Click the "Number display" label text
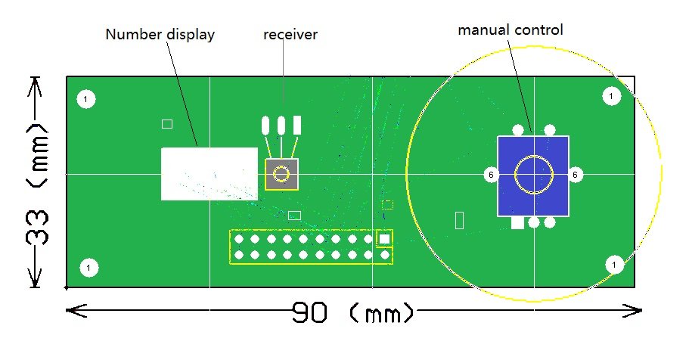tap(160, 35)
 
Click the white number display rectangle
tap(209, 174)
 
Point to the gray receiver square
tap(281, 175)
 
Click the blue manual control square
tap(532, 175)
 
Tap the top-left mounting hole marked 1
tap(86, 99)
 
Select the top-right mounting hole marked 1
tap(611, 96)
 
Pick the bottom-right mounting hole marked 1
tap(614, 265)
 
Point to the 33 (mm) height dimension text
tap(34, 182)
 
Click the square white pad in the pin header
tap(384, 239)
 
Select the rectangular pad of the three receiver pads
tap(297, 125)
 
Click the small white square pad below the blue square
tap(517, 222)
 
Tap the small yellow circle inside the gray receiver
tap(281, 175)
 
